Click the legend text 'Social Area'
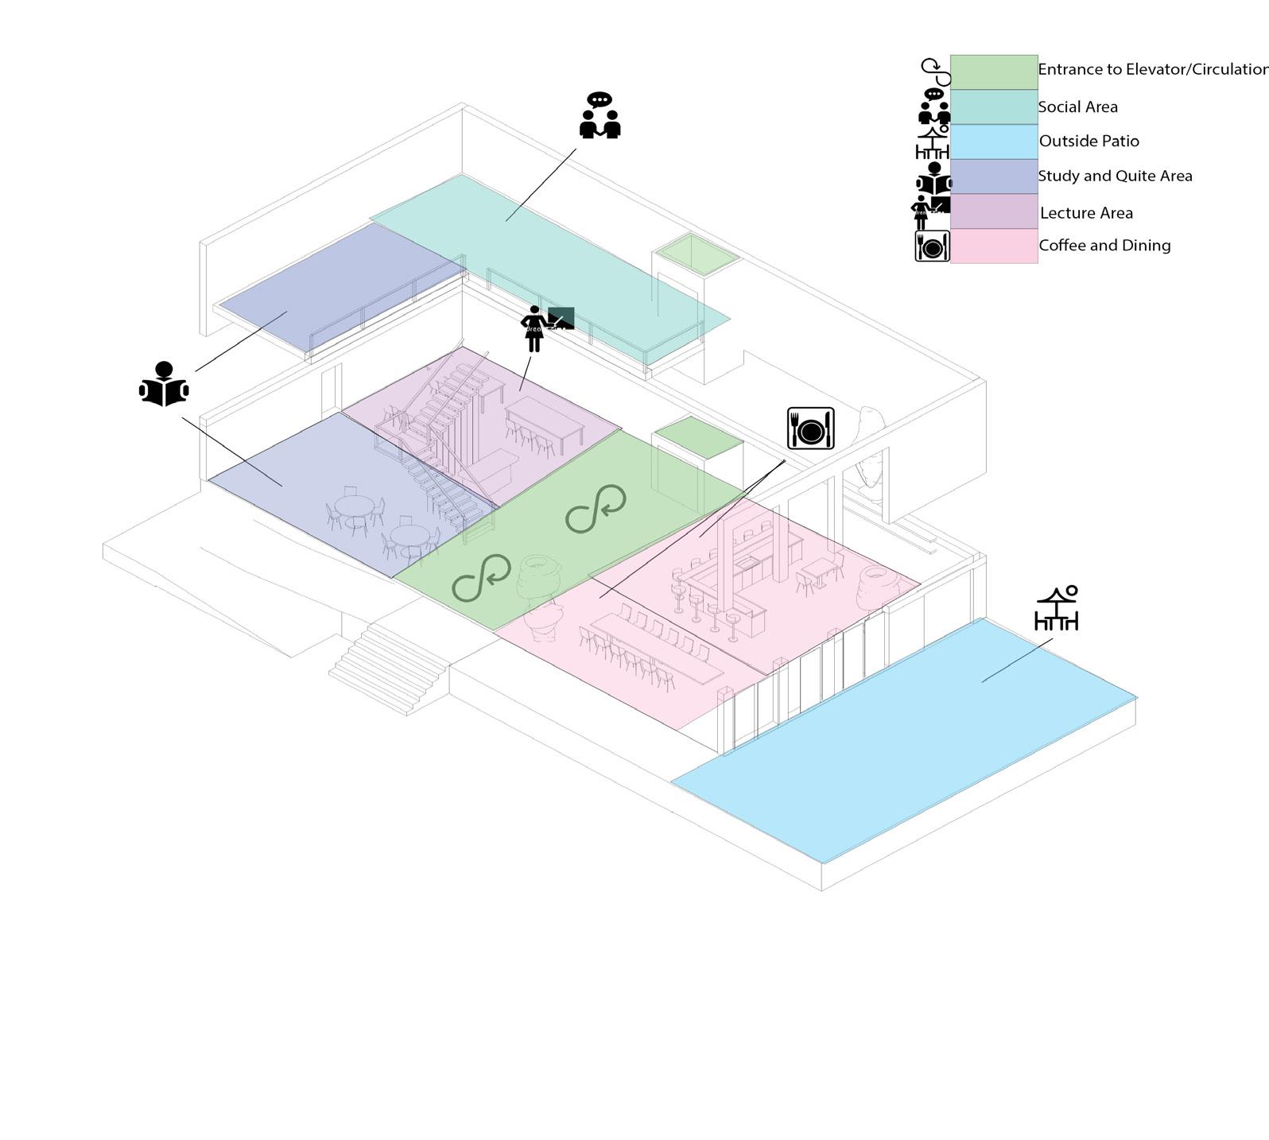click(x=1077, y=107)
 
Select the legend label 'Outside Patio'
click(x=1089, y=142)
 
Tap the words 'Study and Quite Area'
click(x=1115, y=176)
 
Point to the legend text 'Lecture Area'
click(x=1086, y=213)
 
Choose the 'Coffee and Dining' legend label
click(x=1104, y=246)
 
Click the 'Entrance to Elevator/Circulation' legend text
click(x=1152, y=70)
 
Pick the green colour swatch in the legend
click(x=993, y=72)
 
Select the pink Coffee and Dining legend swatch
click(x=993, y=246)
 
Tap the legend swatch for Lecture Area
click(x=993, y=212)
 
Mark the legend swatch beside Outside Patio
click(x=993, y=142)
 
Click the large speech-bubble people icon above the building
click(x=600, y=116)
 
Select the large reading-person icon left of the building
click(x=164, y=385)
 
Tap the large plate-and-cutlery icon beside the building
click(x=810, y=428)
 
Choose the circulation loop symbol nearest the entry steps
click(x=481, y=578)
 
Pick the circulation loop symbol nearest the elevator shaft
click(x=596, y=509)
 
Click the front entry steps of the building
click(x=388, y=669)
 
